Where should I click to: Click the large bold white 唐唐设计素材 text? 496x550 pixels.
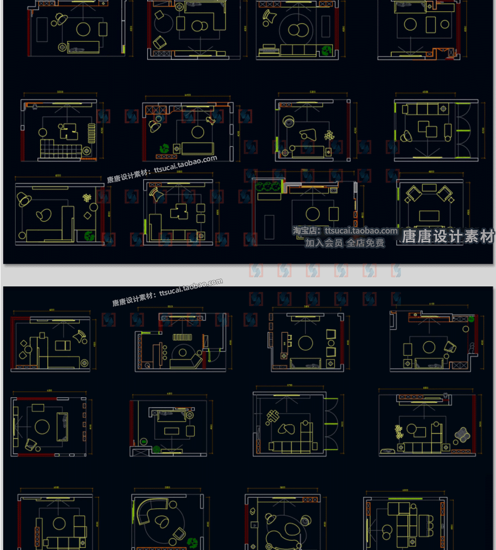tap(448, 236)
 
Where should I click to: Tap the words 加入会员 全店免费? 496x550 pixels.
tap(344, 243)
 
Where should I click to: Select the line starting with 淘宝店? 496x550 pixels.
tap(345, 231)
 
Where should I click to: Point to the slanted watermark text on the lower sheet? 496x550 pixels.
tap(168, 292)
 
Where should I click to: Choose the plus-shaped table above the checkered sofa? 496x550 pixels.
tap(68, 131)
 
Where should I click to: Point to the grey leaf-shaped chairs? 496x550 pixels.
tap(463, 435)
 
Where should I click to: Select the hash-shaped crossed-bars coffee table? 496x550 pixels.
tap(272, 418)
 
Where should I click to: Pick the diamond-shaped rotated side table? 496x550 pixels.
tap(87, 216)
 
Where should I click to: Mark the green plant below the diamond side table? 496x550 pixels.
tap(89, 236)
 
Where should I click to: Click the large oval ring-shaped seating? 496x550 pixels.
tap(283, 530)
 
